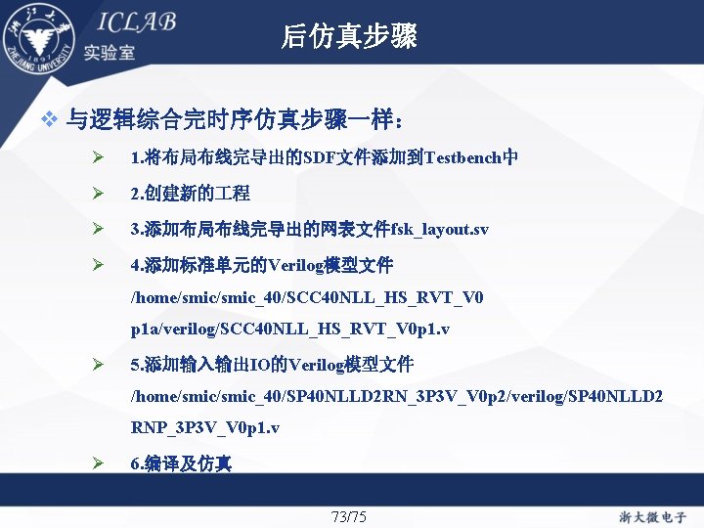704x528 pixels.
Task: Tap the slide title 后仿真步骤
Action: (349, 36)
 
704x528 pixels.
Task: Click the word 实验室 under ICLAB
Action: (109, 52)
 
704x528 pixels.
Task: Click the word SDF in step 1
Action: (319, 157)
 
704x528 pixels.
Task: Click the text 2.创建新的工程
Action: (190, 194)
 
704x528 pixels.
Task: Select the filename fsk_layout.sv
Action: (439, 230)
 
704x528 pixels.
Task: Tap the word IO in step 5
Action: (261, 365)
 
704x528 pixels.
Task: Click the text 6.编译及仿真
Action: (181, 463)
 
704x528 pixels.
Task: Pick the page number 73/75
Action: (349, 516)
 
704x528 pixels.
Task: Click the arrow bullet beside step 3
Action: (98, 230)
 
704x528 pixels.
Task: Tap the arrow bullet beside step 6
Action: (98, 463)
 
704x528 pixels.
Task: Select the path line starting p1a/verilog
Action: (290, 330)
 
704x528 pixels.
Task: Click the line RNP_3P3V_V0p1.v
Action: (205, 428)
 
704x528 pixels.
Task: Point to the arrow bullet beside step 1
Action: (98, 157)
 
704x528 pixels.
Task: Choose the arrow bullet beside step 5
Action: (98, 365)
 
